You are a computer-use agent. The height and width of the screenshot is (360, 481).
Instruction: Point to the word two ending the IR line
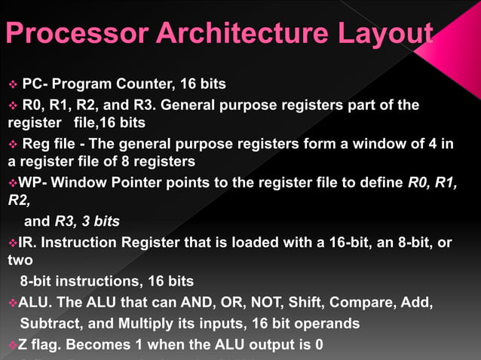(x=20, y=261)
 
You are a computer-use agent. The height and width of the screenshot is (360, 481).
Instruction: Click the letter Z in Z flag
(x=23, y=344)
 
